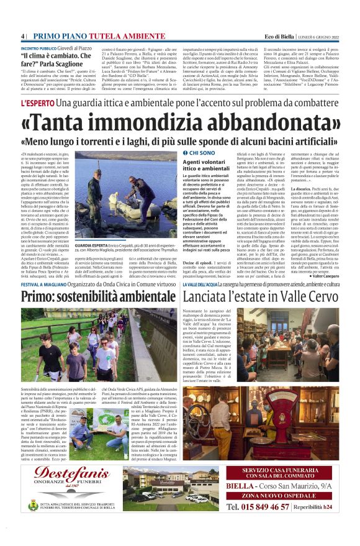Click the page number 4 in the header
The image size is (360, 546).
click(x=23, y=36)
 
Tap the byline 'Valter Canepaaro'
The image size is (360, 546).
click(x=322, y=275)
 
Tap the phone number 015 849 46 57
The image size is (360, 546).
click(x=257, y=507)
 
